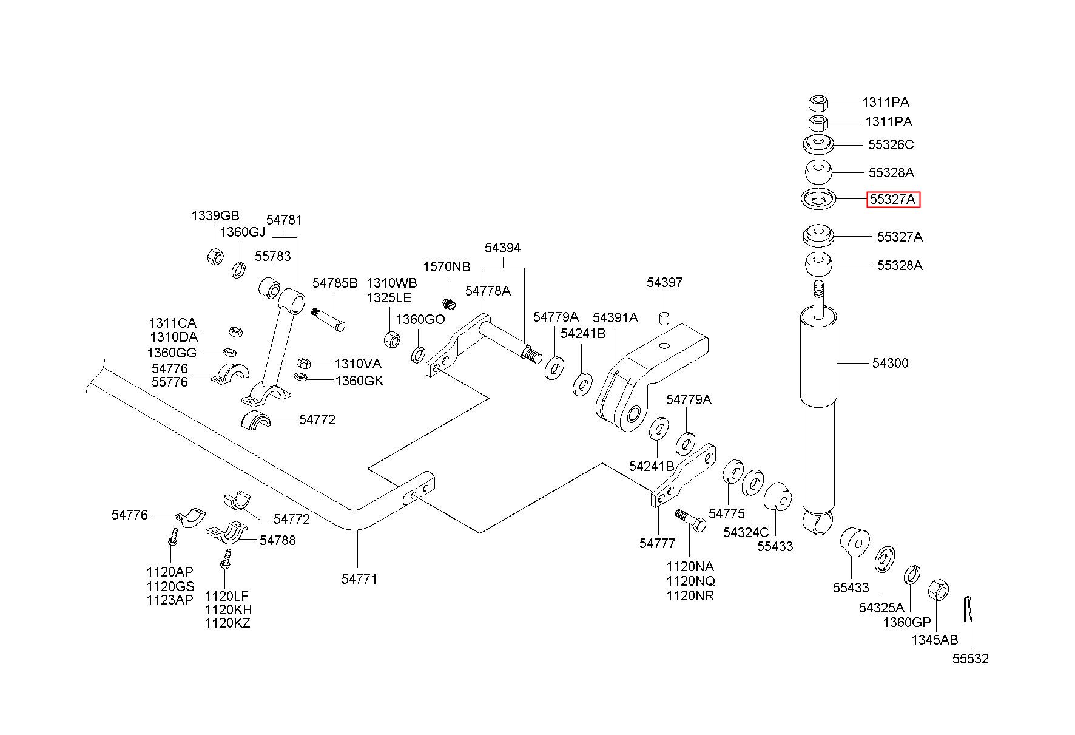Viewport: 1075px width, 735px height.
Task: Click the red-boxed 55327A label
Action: pyautogui.click(x=893, y=200)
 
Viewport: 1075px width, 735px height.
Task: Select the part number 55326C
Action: pyautogui.click(x=891, y=145)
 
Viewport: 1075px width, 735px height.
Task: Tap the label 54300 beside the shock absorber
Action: pyautogui.click(x=890, y=363)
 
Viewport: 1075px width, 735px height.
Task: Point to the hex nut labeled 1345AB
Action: pyautogui.click(x=939, y=589)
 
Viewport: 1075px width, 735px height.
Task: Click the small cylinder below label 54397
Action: pyautogui.click(x=664, y=318)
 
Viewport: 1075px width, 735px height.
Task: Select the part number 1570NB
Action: pyautogui.click(x=447, y=267)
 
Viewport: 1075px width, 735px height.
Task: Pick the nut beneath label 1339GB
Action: pyautogui.click(x=215, y=256)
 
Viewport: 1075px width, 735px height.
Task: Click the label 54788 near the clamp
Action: pyautogui.click(x=278, y=540)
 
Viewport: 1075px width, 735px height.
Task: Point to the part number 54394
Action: pyautogui.click(x=502, y=248)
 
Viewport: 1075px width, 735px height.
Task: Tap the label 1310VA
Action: pyautogui.click(x=358, y=364)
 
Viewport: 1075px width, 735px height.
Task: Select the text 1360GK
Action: pyautogui.click(x=359, y=381)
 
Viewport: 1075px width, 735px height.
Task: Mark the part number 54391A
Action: pyautogui.click(x=615, y=317)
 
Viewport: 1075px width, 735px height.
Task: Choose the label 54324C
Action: pyautogui.click(x=746, y=532)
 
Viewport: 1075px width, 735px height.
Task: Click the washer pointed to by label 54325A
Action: pyautogui.click(x=884, y=559)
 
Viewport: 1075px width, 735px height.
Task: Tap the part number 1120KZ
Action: pyautogui.click(x=228, y=623)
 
